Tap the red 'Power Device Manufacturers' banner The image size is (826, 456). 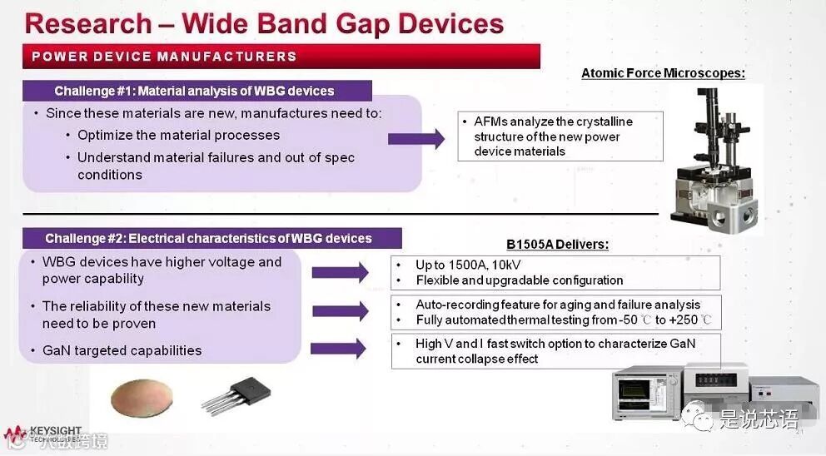281,57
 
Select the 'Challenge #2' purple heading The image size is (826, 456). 208,239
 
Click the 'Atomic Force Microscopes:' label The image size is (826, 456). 663,73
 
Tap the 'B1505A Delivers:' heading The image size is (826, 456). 557,244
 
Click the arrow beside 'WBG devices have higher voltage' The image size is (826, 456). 340,271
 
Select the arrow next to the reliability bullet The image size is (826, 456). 340,311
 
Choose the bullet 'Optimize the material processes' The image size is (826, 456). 178,135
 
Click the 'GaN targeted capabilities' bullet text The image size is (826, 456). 122,350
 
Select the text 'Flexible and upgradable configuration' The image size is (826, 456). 520,280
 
